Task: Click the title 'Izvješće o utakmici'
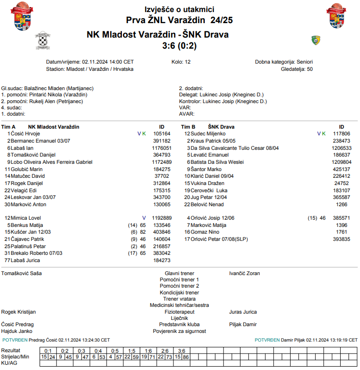pos(179,10)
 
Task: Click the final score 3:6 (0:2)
pos(179,46)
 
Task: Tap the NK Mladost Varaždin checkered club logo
pos(43,41)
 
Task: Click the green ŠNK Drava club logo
pos(316,40)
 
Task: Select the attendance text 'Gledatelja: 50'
pos(297,69)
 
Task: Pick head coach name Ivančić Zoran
pos(244,273)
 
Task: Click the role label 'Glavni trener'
pos(179,273)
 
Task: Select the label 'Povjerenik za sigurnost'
pos(179,331)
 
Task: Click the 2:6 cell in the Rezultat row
pos(165,350)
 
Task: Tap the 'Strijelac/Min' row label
pos(15,357)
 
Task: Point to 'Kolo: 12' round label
pos(181,62)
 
